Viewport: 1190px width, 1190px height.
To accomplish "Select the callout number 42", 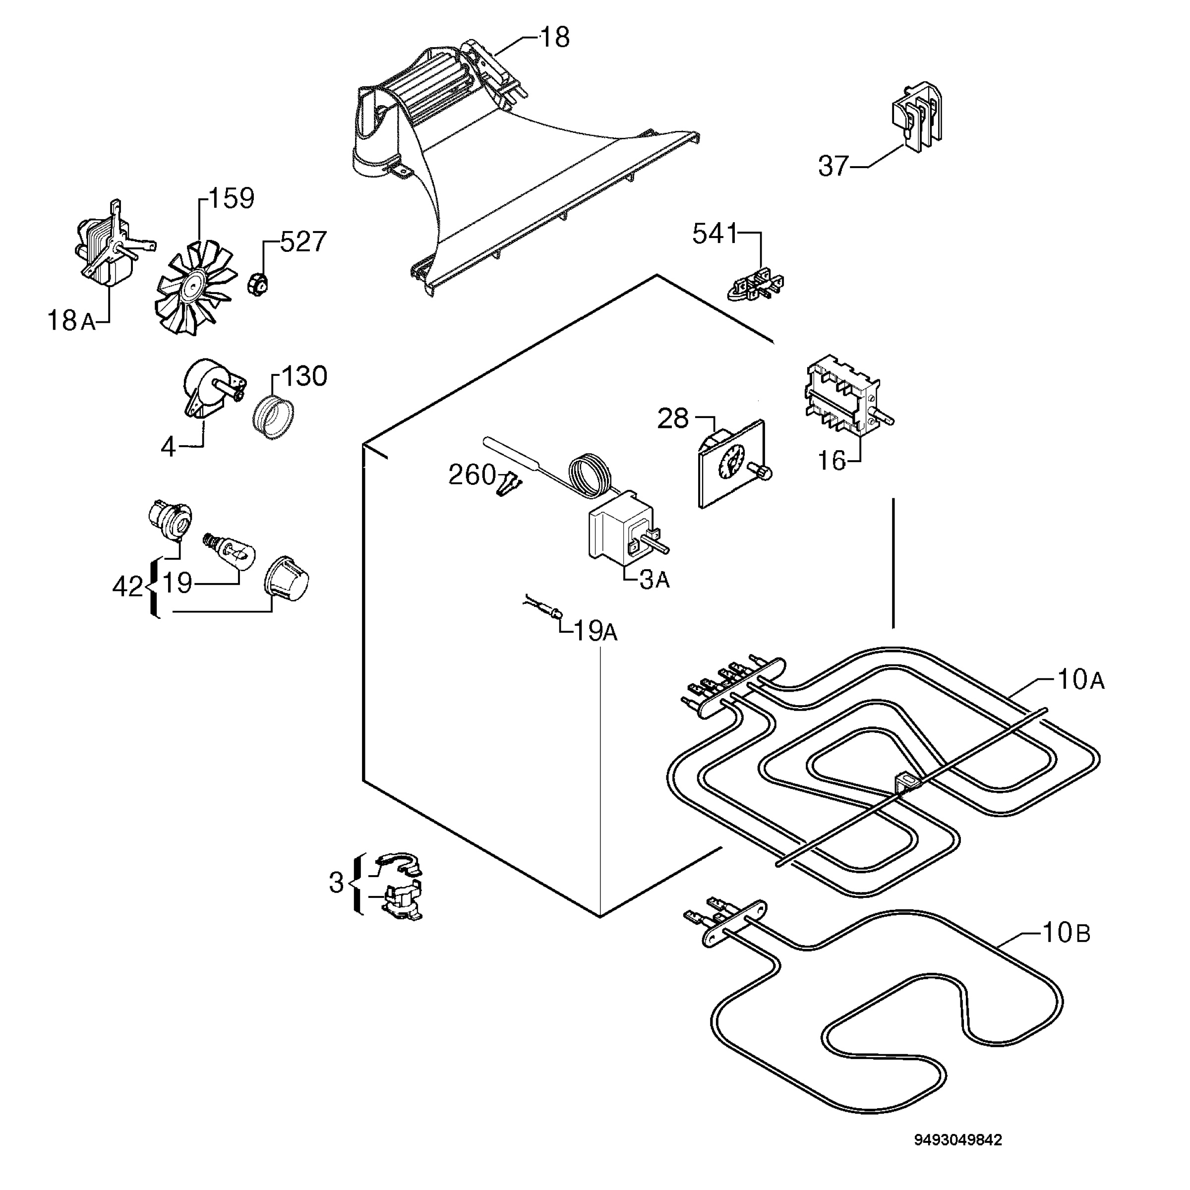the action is (x=128, y=587).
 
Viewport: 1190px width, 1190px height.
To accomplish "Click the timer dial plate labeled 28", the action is (x=733, y=463).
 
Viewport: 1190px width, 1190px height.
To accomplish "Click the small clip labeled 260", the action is (x=511, y=483).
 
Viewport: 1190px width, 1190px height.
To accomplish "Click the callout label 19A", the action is (x=595, y=631).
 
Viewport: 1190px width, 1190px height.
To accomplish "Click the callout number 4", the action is (x=168, y=447).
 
